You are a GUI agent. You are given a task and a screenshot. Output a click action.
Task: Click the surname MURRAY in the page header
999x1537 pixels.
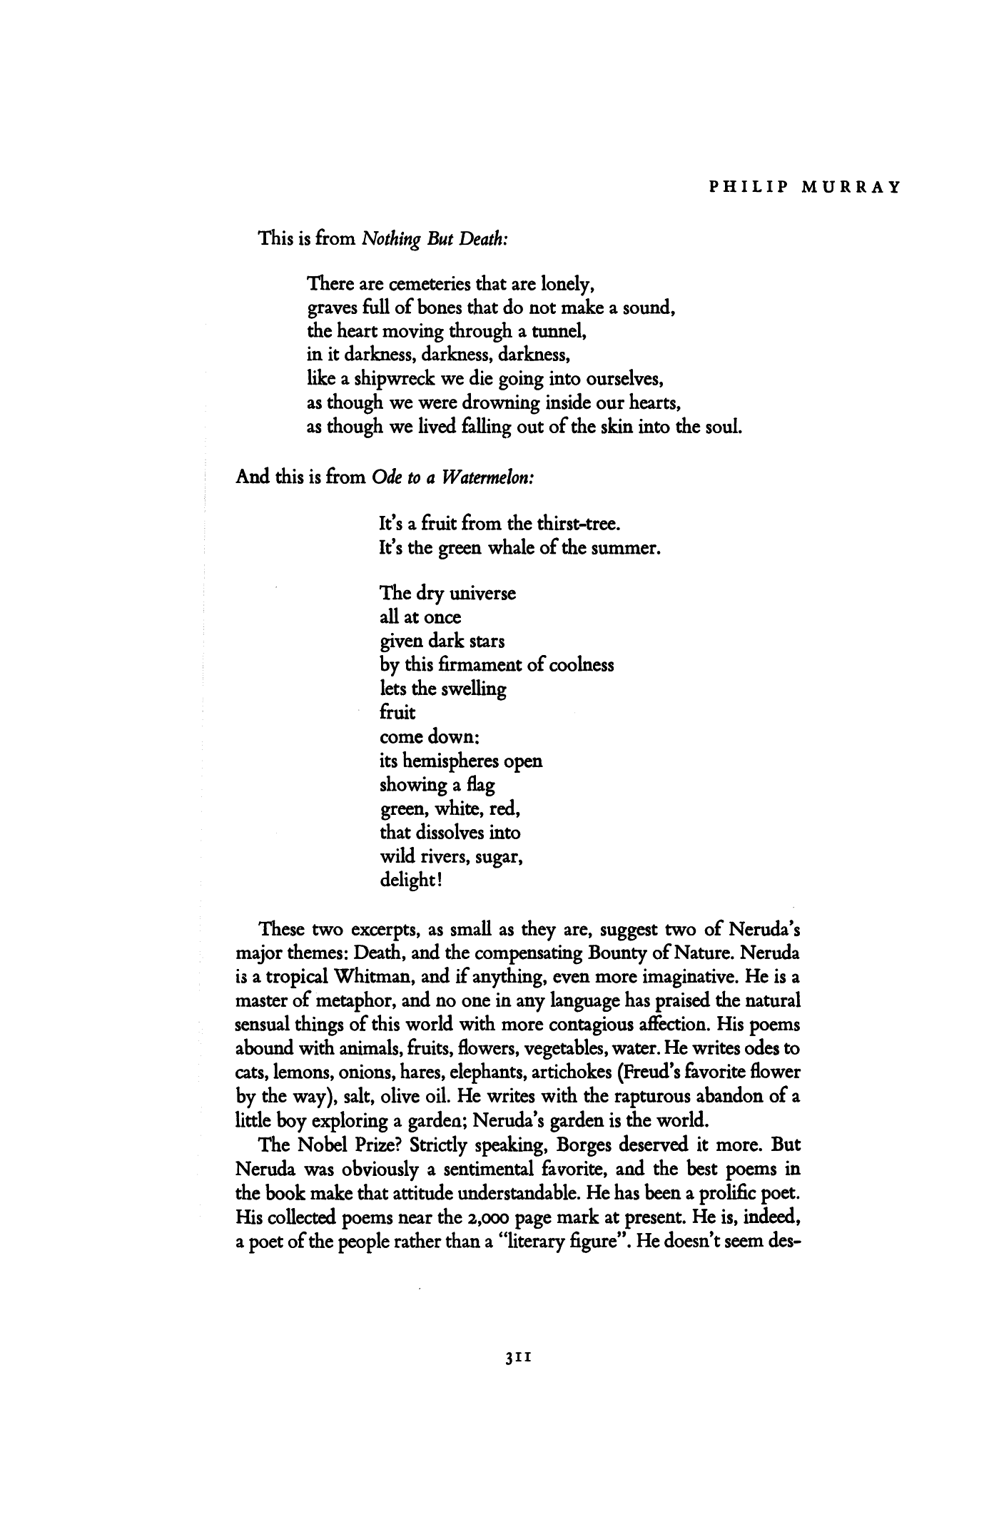click(852, 188)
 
